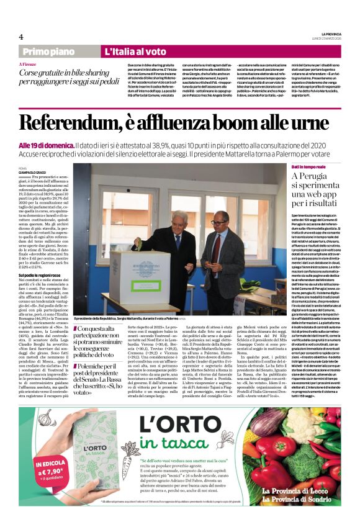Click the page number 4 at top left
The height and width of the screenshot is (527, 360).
click(x=21, y=37)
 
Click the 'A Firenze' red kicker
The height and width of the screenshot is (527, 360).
click(x=29, y=64)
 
